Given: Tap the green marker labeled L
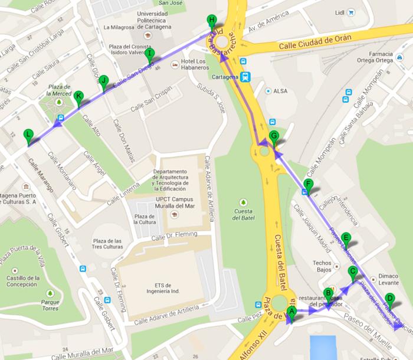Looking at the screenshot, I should click(x=28, y=135).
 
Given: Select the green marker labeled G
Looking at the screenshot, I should click(x=273, y=137).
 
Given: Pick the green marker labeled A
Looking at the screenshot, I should click(x=291, y=312).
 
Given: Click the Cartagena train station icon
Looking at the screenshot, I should click(x=245, y=77).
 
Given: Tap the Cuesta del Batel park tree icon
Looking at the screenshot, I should click(x=244, y=202).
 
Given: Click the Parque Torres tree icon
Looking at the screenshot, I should click(x=50, y=293).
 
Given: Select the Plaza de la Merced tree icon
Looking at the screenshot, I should click(x=59, y=103).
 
